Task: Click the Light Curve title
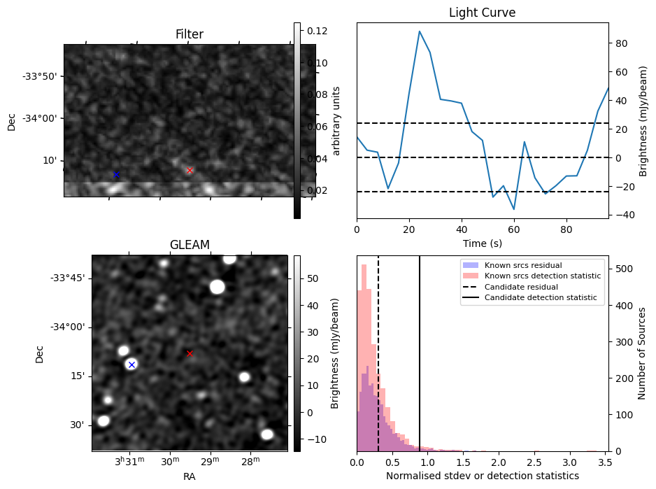click(482, 13)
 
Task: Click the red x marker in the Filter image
click(190, 171)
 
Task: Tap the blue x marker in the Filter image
click(116, 174)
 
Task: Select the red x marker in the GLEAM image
click(190, 353)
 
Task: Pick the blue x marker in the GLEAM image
click(131, 364)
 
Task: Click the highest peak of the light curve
click(419, 31)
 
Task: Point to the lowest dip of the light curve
click(514, 209)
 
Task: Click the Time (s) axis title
click(482, 243)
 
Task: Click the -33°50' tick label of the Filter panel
click(42, 76)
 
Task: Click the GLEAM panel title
click(190, 245)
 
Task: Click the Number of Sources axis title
click(642, 353)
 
